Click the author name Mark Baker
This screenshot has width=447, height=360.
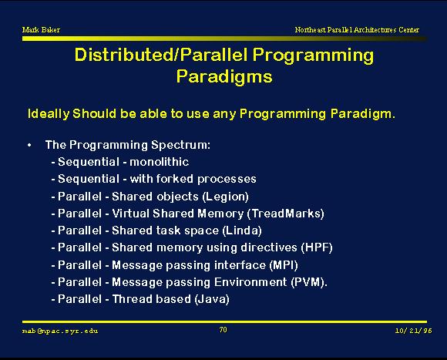tap(41, 29)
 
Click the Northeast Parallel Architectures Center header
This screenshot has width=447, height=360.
tap(357, 29)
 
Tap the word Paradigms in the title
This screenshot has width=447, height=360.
tap(224, 76)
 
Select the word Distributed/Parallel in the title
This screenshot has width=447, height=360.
tap(161, 55)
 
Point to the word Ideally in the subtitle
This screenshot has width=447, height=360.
tap(49, 114)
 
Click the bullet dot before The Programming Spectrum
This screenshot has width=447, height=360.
tap(29, 145)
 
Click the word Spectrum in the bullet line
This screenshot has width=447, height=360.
tap(181, 145)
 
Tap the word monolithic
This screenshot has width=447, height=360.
tap(159, 162)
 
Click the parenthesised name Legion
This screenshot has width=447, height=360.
tap(225, 197)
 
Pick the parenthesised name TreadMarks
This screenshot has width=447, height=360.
tap(286, 214)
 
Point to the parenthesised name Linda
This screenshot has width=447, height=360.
tap(242, 230)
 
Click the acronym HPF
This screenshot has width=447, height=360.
tap(317, 247)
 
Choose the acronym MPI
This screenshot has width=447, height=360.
tap(284, 265)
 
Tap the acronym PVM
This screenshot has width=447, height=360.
tap(308, 282)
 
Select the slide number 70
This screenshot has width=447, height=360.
tap(223, 330)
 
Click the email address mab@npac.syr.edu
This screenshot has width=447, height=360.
tap(60, 331)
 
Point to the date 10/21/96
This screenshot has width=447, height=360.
tap(413, 331)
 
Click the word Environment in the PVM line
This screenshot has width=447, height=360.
tap(250, 282)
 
